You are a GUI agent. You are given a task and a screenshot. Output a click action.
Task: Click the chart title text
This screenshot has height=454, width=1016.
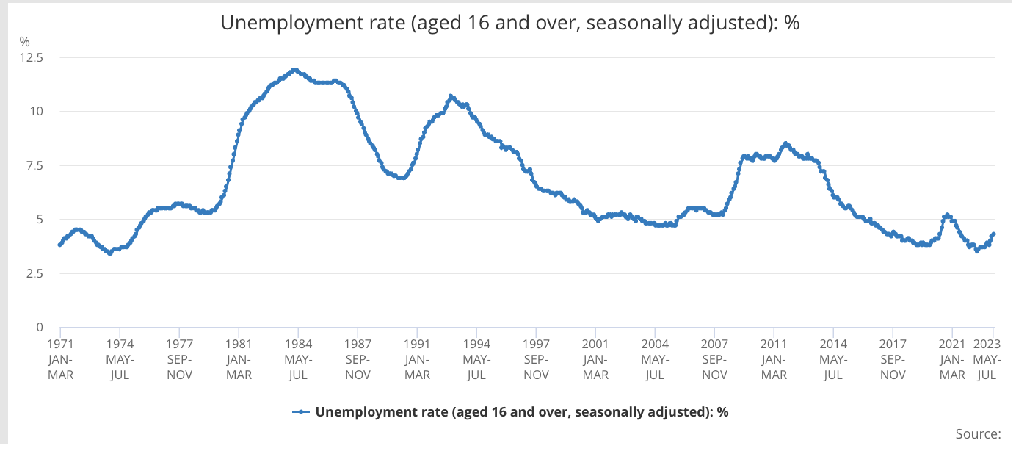[509, 23]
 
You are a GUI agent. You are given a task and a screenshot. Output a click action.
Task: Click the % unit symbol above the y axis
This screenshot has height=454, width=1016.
[24, 41]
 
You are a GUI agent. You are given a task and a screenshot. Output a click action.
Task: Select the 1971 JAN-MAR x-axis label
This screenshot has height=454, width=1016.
[60, 358]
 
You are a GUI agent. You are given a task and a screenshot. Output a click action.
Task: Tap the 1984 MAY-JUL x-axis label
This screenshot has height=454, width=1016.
[297, 358]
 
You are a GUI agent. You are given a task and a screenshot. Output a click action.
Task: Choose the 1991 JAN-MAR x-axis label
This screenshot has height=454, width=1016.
[417, 358]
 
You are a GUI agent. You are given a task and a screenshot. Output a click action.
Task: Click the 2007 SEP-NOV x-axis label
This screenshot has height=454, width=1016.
[714, 358]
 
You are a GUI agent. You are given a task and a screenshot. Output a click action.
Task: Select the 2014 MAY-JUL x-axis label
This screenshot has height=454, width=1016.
[833, 358]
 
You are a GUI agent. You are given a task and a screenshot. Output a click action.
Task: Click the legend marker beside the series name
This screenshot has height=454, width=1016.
[300, 411]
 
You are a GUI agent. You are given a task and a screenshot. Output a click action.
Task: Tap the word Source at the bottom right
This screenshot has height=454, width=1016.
[978, 433]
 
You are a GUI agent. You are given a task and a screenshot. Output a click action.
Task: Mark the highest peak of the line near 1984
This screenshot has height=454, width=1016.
[294, 70]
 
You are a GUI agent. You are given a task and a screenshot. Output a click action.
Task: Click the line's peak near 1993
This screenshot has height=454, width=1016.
[451, 96]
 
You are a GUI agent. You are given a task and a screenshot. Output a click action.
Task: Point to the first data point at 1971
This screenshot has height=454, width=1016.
[59, 245]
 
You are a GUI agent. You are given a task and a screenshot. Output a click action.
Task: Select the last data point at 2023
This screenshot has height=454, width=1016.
[993, 234]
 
